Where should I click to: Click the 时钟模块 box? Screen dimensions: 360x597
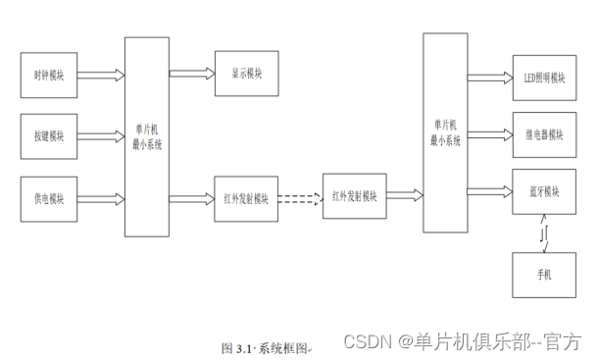point(48,75)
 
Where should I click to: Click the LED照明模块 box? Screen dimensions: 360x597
point(544,77)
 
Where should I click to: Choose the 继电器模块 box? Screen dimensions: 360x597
point(544,133)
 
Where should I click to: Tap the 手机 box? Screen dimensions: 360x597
point(544,275)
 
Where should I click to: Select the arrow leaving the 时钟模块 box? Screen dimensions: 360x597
point(100,75)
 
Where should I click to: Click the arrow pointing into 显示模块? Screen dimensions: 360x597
point(192,73)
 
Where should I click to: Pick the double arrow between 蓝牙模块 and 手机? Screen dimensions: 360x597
point(544,233)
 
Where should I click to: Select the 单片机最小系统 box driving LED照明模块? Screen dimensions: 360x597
point(445,132)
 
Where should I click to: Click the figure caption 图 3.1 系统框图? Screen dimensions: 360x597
point(265,347)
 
